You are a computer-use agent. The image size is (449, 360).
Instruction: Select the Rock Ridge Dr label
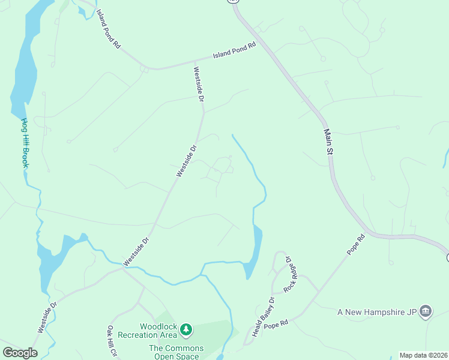coord(290,274)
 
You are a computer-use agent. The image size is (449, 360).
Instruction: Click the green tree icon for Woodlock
coord(187,329)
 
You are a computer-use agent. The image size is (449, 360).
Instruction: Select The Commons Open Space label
coord(176,352)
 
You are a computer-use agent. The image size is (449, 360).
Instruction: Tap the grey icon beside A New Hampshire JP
coord(426,311)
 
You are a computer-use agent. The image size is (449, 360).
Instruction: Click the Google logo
coord(20,352)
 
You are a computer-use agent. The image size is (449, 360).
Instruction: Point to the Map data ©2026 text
coord(423,355)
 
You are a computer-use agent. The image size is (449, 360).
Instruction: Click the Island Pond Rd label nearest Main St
coord(234,51)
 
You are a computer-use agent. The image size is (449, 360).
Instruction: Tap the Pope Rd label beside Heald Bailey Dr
coord(276,323)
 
